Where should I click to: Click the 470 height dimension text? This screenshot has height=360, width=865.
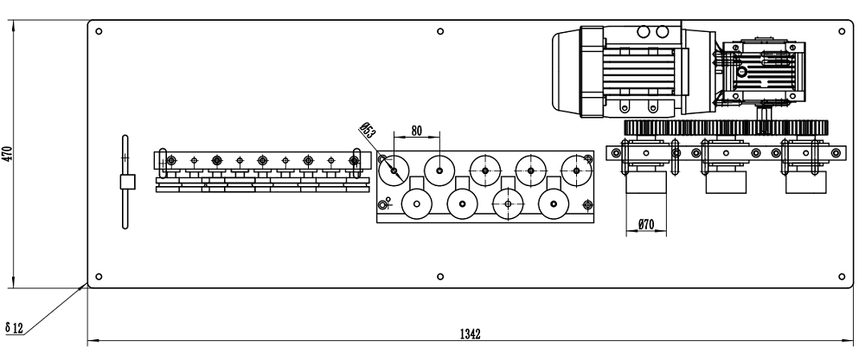(8, 154)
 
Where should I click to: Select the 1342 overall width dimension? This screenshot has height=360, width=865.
(471, 333)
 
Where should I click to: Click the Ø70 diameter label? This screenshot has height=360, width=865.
(645, 225)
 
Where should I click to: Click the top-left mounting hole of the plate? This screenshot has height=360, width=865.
(99, 31)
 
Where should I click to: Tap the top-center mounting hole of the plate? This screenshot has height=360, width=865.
(441, 31)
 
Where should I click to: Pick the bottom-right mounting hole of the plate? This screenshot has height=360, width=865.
(842, 277)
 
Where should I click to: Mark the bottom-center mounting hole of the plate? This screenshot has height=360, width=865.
(441, 277)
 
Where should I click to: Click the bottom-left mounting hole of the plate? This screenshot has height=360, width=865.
(99, 277)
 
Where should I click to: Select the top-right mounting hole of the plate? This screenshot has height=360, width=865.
(842, 31)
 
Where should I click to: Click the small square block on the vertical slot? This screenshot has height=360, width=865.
(125, 182)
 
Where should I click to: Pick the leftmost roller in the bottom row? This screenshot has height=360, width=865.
(416, 206)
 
